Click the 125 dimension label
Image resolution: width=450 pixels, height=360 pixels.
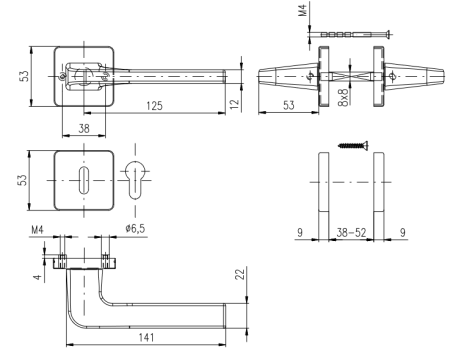[154, 106]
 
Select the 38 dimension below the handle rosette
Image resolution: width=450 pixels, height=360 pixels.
[84, 128]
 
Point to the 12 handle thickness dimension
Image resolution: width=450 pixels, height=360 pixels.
[235, 103]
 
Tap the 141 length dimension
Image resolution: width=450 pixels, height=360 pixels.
[146, 337]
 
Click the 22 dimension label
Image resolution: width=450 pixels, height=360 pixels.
[240, 274]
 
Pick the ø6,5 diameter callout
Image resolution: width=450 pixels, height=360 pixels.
[135, 228]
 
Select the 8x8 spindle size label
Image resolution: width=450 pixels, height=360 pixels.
[343, 97]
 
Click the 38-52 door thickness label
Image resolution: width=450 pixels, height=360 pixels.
[351, 232]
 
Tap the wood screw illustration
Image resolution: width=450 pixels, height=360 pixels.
[353, 145]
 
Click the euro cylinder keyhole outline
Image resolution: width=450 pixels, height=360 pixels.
[135, 180]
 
